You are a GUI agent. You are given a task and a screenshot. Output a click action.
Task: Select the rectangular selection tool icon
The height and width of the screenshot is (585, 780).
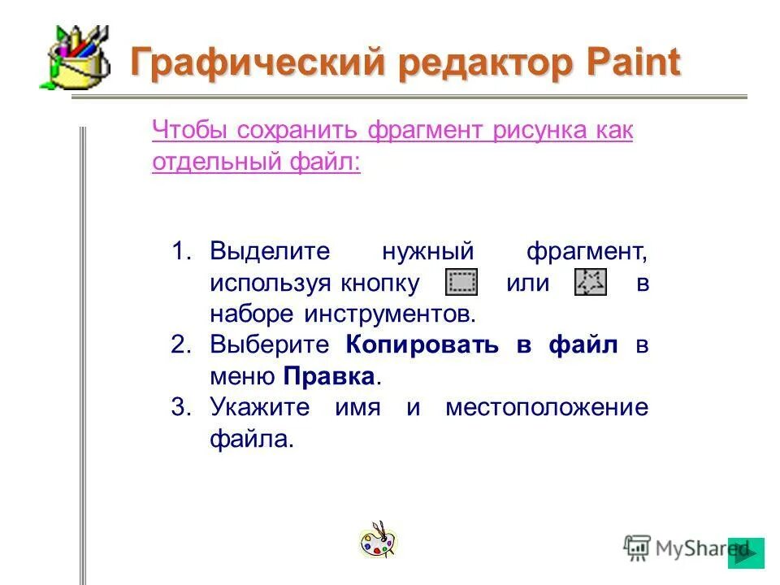click(x=462, y=283)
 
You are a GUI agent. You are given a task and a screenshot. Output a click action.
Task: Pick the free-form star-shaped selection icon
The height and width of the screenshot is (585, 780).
click(x=590, y=283)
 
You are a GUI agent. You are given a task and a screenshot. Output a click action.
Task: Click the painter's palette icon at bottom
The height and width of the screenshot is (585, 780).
click(x=378, y=540)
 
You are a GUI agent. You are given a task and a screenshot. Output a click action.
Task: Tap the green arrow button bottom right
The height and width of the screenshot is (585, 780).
click(x=746, y=552)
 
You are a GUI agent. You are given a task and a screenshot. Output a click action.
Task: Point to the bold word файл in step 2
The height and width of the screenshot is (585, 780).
click(x=583, y=344)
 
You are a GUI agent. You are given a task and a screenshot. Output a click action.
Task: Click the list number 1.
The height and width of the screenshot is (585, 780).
click(x=180, y=251)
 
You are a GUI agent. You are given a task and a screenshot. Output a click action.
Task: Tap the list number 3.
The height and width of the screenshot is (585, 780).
click(x=180, y=408)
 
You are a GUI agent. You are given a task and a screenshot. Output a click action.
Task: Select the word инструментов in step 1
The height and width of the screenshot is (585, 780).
click(x=391, y=314)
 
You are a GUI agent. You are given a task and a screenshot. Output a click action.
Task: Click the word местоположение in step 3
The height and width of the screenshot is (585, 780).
click(x=547, y=408)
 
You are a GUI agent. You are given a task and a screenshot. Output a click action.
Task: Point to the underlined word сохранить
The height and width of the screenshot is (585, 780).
click(x=298, y=131)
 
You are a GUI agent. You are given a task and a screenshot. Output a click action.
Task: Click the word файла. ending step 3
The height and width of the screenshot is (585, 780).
click(x=250, y=440)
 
